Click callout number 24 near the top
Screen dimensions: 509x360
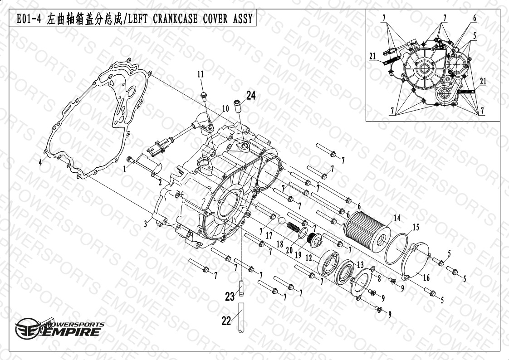point(251,95)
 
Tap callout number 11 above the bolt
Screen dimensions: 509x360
point(201,74)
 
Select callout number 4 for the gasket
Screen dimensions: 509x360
point(40,162)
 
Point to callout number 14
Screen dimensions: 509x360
point(397,218)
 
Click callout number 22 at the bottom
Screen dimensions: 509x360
point(226,321)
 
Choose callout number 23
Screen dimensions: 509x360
point(230,296)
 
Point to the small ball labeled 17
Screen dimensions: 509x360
point(281,221)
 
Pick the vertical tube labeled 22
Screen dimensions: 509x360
point(241,317)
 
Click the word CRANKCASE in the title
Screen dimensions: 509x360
point(175,19)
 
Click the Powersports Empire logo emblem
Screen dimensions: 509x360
point(29,328)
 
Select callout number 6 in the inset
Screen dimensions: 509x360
point(475,18)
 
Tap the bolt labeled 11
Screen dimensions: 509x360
point(204,96)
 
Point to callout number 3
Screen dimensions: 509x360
point(146,224)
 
